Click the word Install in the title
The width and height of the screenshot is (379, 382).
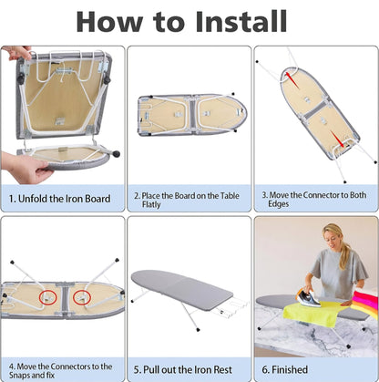pyautogui.click(x=241, y=21)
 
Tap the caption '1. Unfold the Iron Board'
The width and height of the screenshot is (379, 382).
pyautogui.click(x=59, y=199)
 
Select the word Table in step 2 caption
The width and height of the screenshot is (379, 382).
pyautogui.click(x=230, y=195)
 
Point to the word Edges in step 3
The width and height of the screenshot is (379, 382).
pyautogui.click(x=279, y=204)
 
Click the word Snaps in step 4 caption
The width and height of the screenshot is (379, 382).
pyautogui.click(x=21, y=375)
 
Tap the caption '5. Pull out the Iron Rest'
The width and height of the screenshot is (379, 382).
pyautogui.click(x=183, y=369)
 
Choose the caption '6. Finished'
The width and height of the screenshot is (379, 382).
pyautogui.click(x=284, y=369)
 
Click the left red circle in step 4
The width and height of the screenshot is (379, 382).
pyautogui.click(x=48, y=297)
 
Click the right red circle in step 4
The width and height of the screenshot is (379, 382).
pyautogui.click(x=82, y=297)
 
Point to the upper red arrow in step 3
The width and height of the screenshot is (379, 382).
pyautogui.click(x=292, y=80)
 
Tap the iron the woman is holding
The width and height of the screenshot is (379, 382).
pyautogui.click(x=308, y=297)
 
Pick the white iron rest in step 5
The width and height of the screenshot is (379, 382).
pyautogui.click(x=231, y=305)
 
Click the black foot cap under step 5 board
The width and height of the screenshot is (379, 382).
pyautogui.click(x=198, y=328)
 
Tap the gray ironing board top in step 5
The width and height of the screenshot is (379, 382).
pyautogui.click(x=181, y=286)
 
